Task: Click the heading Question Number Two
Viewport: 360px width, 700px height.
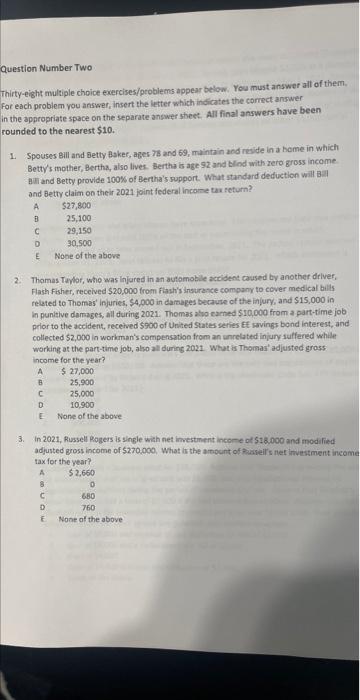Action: (44, 69)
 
